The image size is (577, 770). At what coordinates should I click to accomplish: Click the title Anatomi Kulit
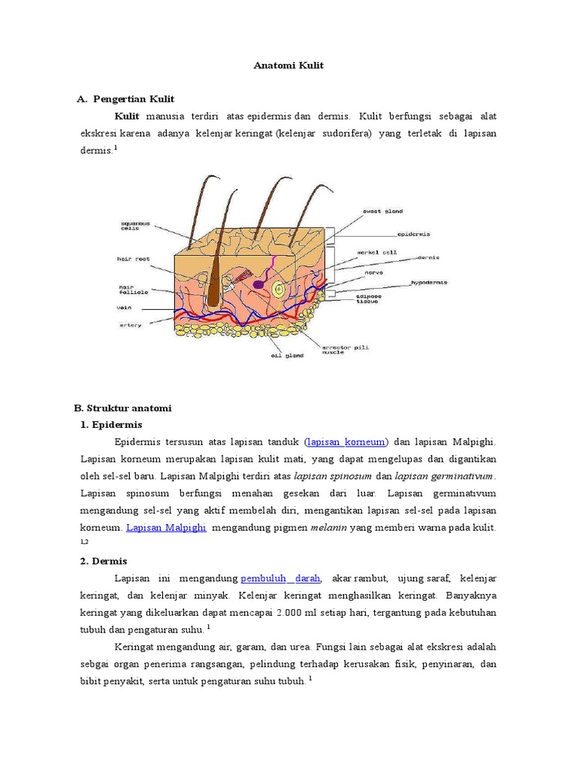[288, 65]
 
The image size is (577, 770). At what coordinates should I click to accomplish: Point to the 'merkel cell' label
[377, 253]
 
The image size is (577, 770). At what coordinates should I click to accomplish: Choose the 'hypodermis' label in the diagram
[429, 283]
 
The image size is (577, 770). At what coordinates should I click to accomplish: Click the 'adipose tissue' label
[368, 299]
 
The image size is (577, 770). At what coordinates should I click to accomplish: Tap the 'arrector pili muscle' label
[345, 350]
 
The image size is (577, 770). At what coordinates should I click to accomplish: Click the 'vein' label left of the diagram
[124, 307]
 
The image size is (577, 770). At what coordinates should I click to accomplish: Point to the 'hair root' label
[133, 259]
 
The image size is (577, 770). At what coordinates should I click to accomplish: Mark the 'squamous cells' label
[136, 226]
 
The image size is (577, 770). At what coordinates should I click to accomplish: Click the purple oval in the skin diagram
[258, 285]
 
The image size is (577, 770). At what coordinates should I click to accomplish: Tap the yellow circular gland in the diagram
[279, 290]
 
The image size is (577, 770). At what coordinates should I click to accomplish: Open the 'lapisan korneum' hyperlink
[346, 442]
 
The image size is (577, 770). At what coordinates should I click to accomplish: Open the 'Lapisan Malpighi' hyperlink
[166, 528]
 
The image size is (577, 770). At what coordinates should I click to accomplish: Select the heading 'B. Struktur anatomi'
[123, 408]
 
